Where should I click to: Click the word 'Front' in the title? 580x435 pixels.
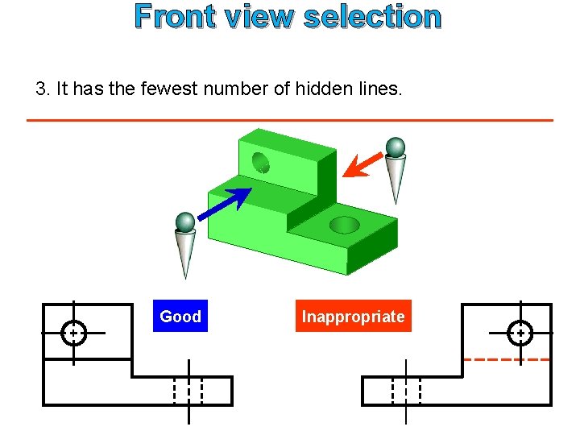(x=175, y=16)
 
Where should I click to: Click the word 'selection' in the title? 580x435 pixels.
(x=372, y=16)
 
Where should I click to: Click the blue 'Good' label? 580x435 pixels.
(x=180, y=317)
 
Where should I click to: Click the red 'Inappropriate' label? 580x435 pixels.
(x=353, y=317)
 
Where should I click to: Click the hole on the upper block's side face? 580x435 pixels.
(x=262, y=163)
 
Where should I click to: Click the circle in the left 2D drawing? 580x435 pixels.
(x=73, y=332)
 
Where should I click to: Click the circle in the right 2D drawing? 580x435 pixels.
(x=520, y=332)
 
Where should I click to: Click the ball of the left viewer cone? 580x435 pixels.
(x=185, y=222)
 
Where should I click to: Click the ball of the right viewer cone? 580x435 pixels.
(x=395, y=147)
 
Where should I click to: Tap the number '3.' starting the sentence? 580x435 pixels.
(x=43, y=89)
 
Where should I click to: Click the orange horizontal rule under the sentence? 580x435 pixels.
(x=290, y=120)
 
